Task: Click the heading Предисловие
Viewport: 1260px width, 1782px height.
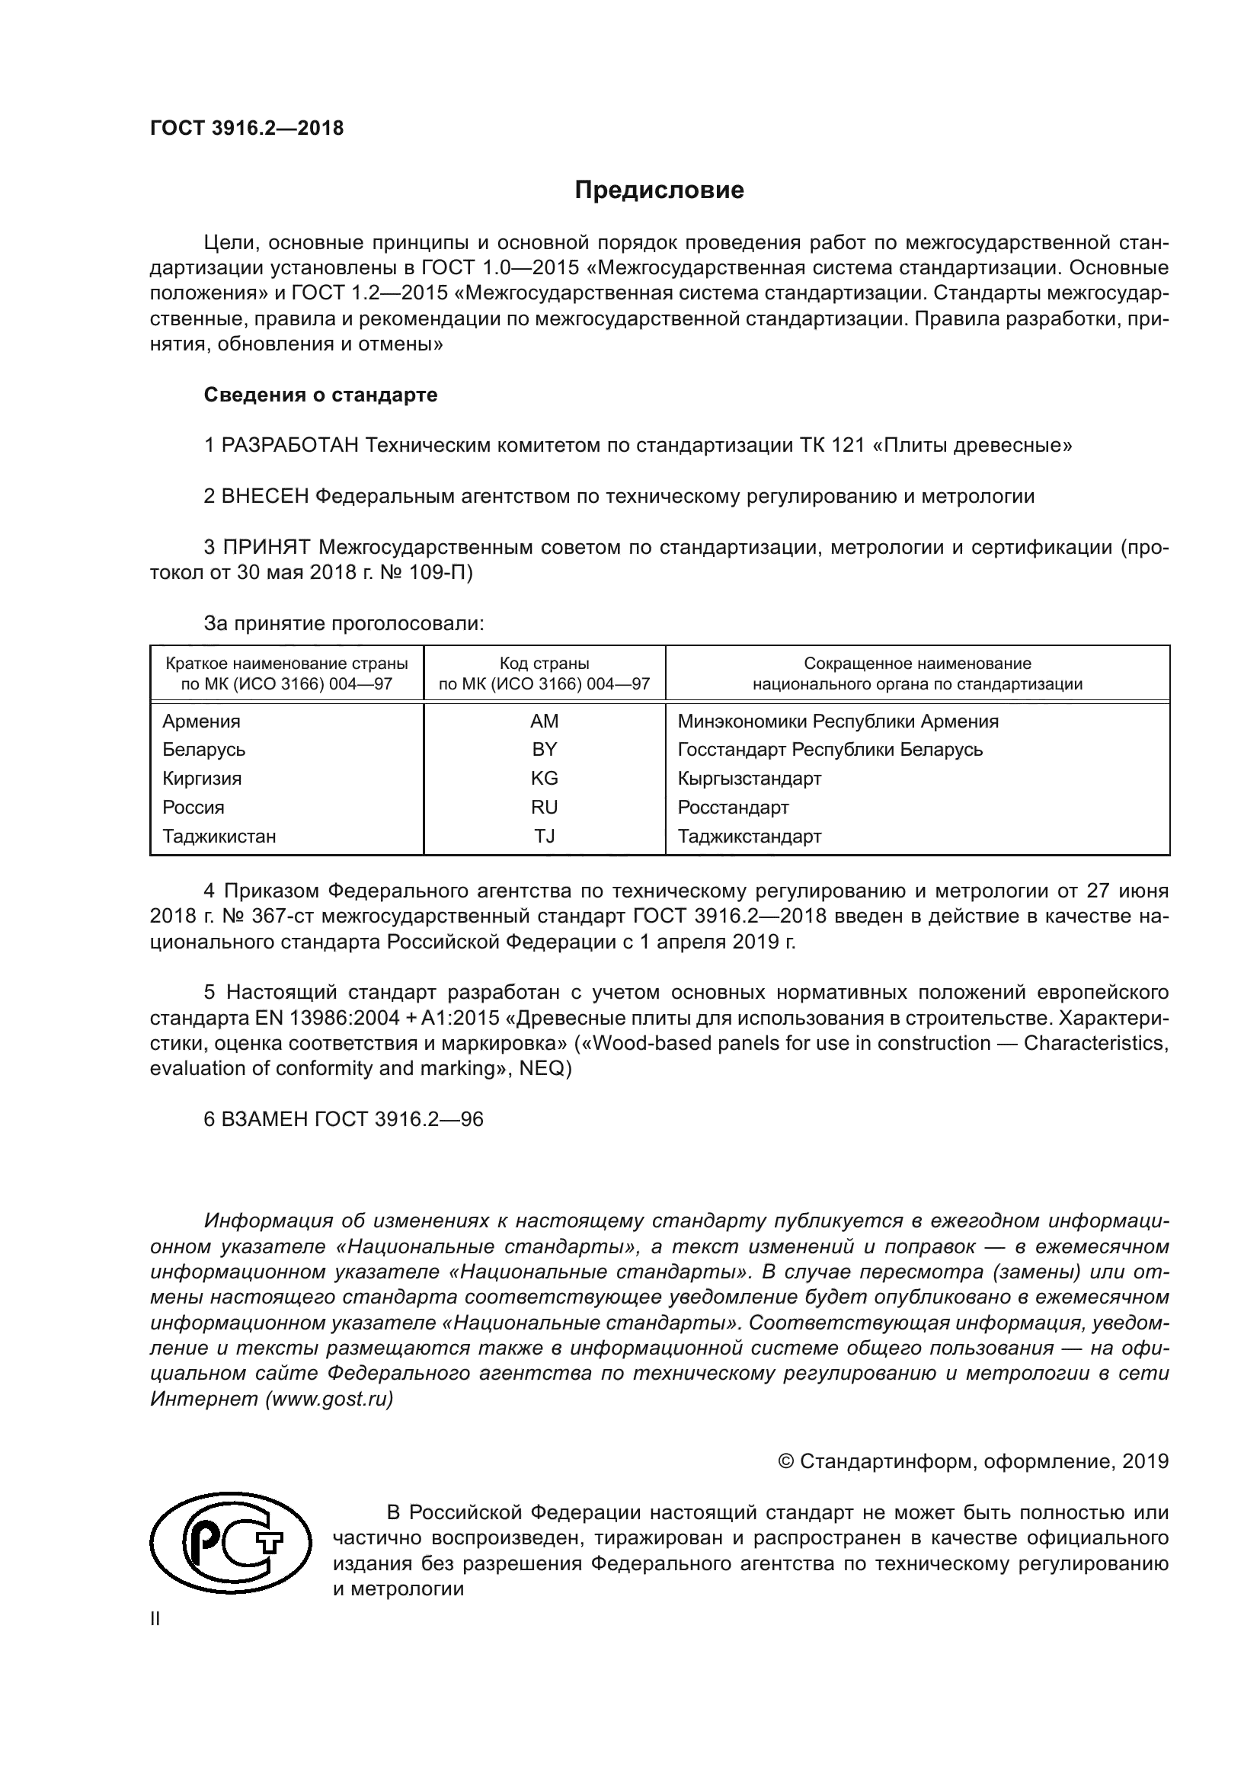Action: tap(659, 190)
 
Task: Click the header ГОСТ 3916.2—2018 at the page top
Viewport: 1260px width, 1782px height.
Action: tap(247, 129)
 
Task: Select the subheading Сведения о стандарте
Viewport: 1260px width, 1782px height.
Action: tap(321, 395)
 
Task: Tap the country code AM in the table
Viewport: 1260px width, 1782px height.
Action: tap(544, 721)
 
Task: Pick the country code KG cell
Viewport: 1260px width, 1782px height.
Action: tap(544, 779)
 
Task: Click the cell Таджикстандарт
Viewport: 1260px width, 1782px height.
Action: tap(749, 837)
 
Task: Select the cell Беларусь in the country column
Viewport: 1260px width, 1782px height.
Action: tap(203, 750)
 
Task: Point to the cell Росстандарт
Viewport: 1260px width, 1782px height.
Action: tap(733, 807)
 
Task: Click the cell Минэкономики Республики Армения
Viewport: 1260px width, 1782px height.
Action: tap(838, 721)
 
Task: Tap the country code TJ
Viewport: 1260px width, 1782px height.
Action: tap(544, 837)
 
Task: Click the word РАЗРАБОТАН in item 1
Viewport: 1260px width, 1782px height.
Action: tap(290, 446)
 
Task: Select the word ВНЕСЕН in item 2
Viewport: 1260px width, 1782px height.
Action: tap(265, 497)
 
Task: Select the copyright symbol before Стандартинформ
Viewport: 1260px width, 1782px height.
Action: tap(785, 1462)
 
